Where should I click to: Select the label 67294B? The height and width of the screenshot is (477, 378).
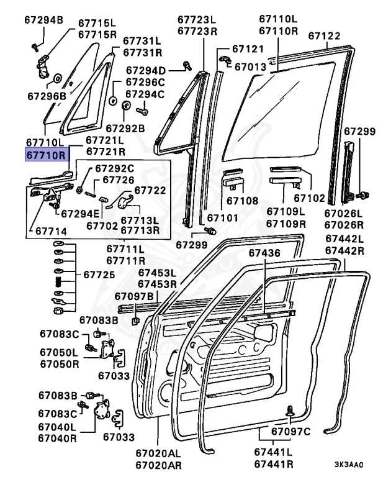pos(45,21)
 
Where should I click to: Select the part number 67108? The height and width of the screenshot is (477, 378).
pos(241,201)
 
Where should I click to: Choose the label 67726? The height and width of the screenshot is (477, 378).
pos(118,180)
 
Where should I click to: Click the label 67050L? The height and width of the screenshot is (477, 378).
pos(59,352)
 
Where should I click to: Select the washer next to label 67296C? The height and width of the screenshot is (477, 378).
pos(114,99)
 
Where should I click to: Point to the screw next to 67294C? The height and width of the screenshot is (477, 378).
pos(141,112)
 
